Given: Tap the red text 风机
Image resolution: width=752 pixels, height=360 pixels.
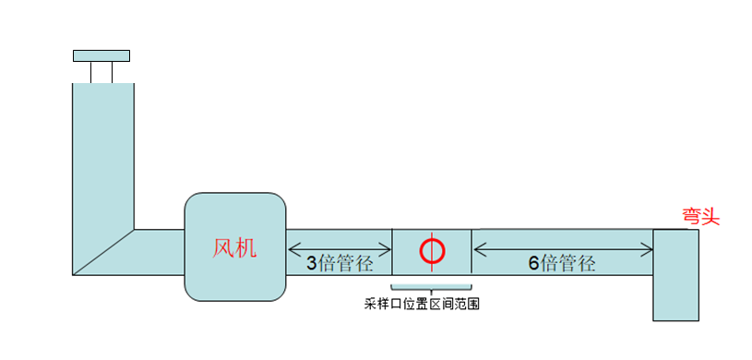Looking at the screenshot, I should pos(235,247).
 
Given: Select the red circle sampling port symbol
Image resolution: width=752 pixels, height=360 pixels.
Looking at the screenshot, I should pos(432,249).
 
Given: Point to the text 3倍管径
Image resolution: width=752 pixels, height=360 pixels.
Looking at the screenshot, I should pos(340,263).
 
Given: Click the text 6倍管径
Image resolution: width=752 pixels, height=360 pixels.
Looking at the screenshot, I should pos(562,263).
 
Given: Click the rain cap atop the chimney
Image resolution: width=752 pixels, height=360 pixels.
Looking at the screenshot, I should pos(101,55).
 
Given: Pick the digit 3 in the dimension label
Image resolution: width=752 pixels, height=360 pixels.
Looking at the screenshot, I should pos(312,263).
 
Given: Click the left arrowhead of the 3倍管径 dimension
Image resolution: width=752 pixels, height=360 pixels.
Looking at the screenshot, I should pos(292,247).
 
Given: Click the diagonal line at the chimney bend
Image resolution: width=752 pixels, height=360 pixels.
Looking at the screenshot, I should pos(103,252).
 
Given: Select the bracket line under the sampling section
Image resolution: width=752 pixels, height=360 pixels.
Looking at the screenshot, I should pos(432,286).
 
